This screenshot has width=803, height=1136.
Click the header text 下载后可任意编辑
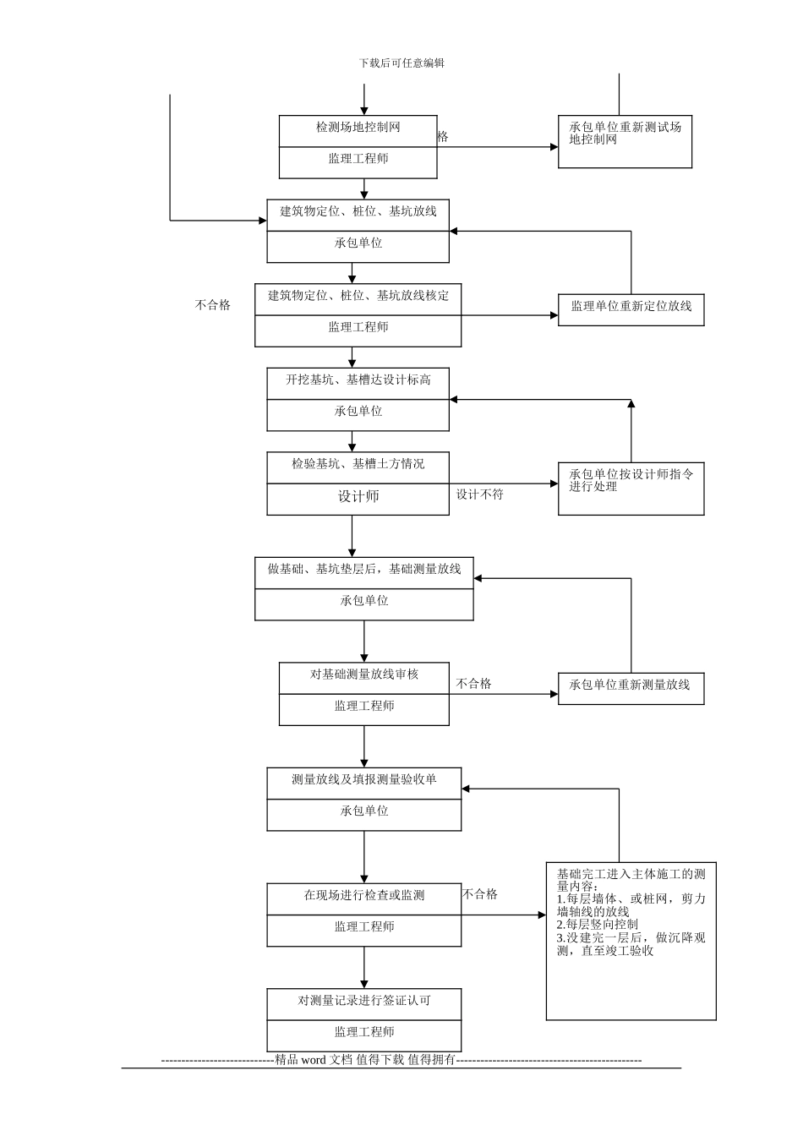pyautogui.click(x=401, y=63)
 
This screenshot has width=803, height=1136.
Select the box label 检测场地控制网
pyautogui.click(x=358, y=128)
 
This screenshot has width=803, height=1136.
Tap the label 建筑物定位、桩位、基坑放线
pyautogui.click(x=358, y=211)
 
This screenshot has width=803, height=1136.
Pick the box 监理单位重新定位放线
pyautogui.click(x=631, y=306)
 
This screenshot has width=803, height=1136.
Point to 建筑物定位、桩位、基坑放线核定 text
pyautogui.click(x=358, y=296)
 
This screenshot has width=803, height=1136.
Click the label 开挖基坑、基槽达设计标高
pyautogui.click(x=358, y=380)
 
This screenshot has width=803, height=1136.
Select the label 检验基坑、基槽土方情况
pyautogui.click(x=358, y=464)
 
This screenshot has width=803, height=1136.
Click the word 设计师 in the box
pyautogui.click(x=358, y=497)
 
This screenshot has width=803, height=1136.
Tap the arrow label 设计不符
pyautogui.click(x=480, y=494)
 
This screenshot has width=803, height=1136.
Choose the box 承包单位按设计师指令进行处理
pyautogui.click(x=631, y=481)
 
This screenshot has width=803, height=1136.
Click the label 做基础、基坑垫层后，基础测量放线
pyautogui.click(x=364, y=570)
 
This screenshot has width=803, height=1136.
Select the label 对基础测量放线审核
pyautogui.click(x=364, y=674)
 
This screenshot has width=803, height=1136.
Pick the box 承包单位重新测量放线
pyautogui.click(x=630, y=685)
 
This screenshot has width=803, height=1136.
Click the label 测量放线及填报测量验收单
pyautogui.click(x=364, y=779)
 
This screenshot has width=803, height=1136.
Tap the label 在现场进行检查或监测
pyautogui.click(x=364, y=895)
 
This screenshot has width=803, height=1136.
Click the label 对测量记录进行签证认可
pyautogui.click(x=364, y=1001)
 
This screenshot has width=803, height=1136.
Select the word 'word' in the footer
pyautogui.click(x=313, y=1060)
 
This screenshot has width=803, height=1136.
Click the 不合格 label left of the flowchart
pyautogui.click(x=213, y=305)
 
